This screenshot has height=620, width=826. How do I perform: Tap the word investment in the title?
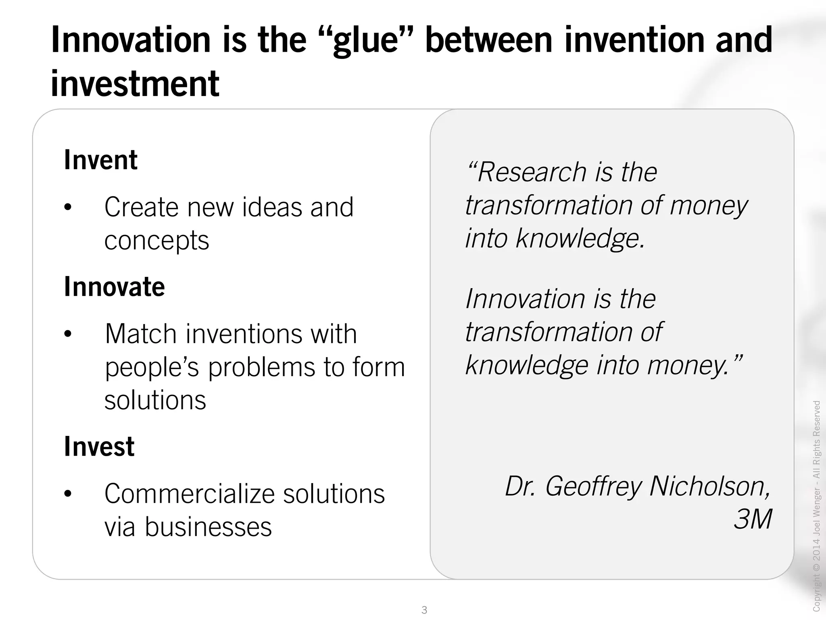point(135,84)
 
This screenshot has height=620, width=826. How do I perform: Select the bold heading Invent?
point(101,160)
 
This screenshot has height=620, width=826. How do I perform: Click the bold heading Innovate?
point(115,287)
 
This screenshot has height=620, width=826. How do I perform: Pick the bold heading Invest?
point(99,446)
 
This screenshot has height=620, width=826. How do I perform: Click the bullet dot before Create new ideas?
point(68,207)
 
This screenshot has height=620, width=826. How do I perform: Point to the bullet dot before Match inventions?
point(68,334)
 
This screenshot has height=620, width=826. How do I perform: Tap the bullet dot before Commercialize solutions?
point(68,493)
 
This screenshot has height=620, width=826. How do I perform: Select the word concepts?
point(156,241)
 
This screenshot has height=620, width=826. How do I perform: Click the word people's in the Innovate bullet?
point(152,367)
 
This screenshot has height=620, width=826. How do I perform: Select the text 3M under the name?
point(753,519)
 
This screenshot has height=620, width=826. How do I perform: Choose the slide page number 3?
point(424,610)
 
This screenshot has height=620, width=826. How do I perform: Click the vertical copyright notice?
point(817,505)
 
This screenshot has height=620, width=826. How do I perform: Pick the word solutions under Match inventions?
point(155,400)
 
